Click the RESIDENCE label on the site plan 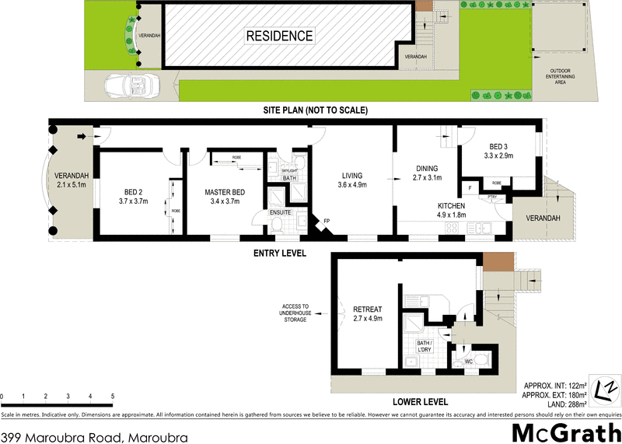280,36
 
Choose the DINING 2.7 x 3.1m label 426,173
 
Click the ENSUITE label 280,212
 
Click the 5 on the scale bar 113,397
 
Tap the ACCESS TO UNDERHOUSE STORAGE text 295,313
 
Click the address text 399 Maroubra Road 94,438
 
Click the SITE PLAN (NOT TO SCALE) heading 314,110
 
